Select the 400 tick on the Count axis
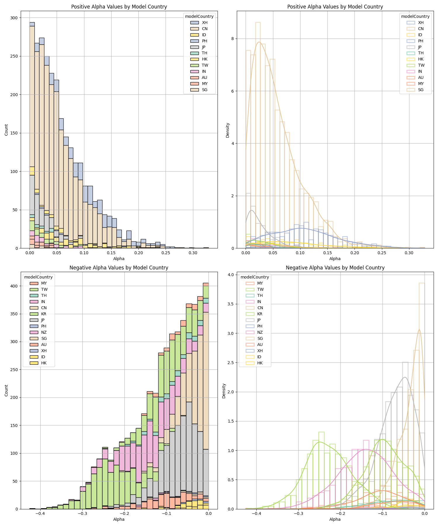click(15, 286)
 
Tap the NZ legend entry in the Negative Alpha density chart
click(260, 332)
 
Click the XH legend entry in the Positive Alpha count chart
click(204, 23)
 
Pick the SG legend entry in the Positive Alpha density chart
click(420, 90)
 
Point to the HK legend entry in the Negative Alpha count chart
click(44, 363)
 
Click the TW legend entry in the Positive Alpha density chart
click(421, 65)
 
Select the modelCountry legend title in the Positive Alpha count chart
click(199, 16)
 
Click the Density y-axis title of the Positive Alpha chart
click(228, 130)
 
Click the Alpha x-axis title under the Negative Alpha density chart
click(335, 519)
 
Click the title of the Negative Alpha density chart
click(335, 268)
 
